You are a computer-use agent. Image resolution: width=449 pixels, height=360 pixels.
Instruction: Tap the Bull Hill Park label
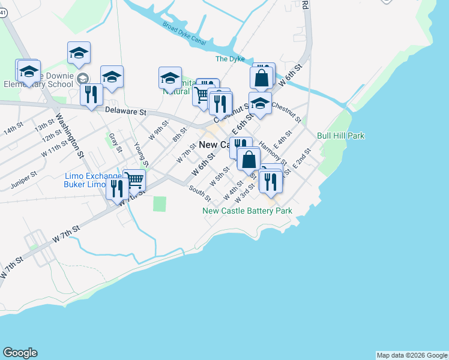tap(341, 136)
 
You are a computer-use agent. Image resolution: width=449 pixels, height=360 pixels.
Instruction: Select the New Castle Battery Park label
tap(247, 211)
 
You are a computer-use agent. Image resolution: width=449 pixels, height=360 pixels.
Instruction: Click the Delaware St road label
tap(125, 112)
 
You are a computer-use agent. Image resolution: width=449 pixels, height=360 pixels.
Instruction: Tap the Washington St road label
tap(70, 136)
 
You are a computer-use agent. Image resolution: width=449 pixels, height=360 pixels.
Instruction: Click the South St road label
tap(200, 193)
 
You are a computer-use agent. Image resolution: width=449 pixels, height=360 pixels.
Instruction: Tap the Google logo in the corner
tap(20, 353)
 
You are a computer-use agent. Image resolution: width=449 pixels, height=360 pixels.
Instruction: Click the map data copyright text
tap(412, 355)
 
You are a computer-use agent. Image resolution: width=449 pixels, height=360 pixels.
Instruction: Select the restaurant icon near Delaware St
tap(91, 94)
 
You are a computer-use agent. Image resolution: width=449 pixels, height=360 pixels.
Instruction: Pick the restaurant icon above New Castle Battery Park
tap(271, 182)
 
